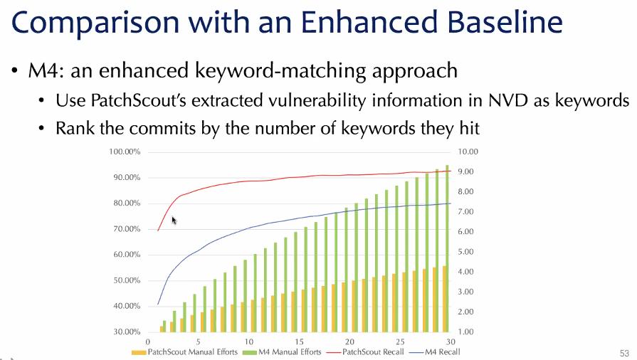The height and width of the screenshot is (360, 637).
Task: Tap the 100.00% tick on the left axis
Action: tap(125, 152)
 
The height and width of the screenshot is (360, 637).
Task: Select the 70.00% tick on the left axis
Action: tap(127, 229)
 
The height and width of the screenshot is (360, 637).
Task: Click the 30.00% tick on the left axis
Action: tap(127, 332)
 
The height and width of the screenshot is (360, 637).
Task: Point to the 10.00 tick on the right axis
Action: tap(468, 152)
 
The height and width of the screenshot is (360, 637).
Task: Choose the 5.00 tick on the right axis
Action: tap(466, 252)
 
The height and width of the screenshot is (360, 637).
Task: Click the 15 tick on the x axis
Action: tap(299, 342)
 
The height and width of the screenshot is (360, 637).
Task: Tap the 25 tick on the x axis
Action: tap(400, 342)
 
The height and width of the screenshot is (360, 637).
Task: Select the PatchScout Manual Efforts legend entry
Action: tap(184, 352)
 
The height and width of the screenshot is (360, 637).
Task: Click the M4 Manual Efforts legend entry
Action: tap(282, 352)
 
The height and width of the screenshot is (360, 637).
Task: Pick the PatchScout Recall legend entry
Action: tap(365, 352)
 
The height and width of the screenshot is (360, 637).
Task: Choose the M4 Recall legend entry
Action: tap(435, 352)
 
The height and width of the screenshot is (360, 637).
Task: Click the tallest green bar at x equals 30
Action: tap(447, 248)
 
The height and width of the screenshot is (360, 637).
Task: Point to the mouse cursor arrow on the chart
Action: tap(174, 221)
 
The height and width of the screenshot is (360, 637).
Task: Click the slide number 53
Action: tap(624, 354)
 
